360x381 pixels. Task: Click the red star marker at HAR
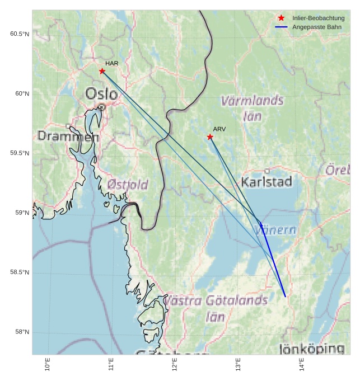[102, 71]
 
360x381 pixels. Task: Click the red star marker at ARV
[210, 137]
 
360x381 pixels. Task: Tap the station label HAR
[111, 64]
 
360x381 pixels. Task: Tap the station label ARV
[219, 129]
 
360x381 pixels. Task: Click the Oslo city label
[101, 93]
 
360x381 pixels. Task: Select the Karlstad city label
[267, 182]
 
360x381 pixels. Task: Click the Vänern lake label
[276, 229]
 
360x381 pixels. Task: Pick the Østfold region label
[128, 185]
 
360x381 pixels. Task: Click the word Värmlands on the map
[253, 101]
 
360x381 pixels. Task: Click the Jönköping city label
[312, 349]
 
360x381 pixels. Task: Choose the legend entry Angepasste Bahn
[317, 27]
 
